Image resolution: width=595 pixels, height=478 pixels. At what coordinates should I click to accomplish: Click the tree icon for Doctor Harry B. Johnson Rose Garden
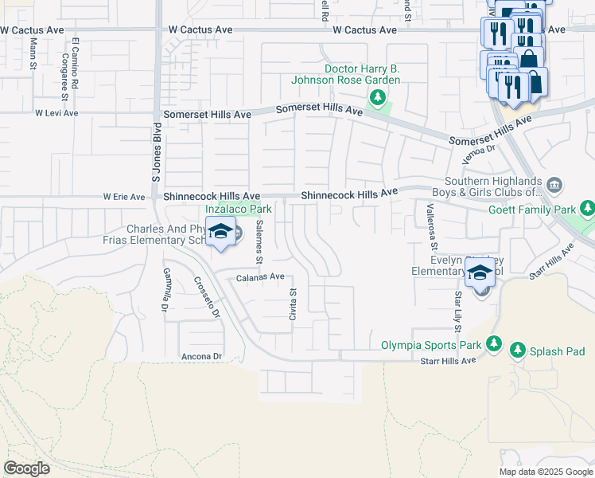click(378, 98)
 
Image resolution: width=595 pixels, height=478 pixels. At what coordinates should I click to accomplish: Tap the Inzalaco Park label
click(239, 210)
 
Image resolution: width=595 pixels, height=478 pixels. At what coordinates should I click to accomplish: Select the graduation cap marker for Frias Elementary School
click(220, 232)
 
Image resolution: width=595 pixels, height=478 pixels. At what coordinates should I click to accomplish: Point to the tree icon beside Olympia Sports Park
click(495, 344)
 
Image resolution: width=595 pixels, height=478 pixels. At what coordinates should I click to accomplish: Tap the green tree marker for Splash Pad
click(518, 351)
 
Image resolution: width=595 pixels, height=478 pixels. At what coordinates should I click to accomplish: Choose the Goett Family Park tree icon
click(587, 209)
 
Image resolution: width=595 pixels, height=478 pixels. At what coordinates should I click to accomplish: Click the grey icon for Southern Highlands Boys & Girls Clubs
click(555, 186)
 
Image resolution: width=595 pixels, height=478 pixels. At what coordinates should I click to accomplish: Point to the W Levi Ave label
click(56, 113)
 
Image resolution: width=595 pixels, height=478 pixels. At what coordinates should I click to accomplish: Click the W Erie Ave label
click(124, 197)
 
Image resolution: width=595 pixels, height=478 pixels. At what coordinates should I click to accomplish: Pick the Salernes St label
click(259, 242)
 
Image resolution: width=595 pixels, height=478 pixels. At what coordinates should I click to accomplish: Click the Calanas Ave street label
click(259, 276)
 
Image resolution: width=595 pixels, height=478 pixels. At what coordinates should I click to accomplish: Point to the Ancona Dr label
click(200, 356)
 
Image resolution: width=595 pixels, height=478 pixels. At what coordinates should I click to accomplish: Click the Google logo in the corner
click(26, 468)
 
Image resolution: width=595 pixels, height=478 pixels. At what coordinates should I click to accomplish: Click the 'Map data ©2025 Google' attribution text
click(545, 472)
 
